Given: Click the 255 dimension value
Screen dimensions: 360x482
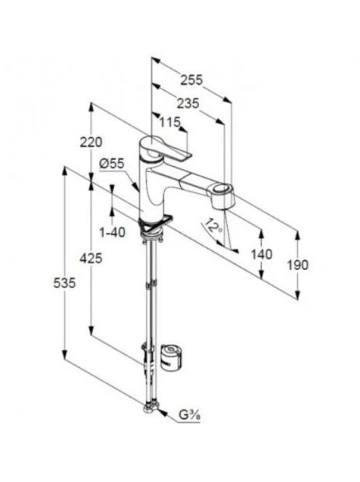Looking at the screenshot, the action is click(x=192, y=80).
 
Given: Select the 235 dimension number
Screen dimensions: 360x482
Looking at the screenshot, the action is click(x=188, y=104).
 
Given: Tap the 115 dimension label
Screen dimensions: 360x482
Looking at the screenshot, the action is click(x=170, y=122).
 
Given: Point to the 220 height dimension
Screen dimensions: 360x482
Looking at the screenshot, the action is click(x=91, y=142).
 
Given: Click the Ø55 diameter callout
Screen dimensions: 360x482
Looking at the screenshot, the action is click(x=112, y=163).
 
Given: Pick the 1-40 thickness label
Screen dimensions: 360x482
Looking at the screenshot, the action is click(x=112, y=232).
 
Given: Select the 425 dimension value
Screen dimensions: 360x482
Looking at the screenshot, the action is click(x=91, y=258).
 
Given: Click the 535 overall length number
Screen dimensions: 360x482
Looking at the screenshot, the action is click(x=65, y=283).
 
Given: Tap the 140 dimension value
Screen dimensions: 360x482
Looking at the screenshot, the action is click(x=261, y=254).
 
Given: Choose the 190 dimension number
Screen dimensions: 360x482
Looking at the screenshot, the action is click(x=298, y=265).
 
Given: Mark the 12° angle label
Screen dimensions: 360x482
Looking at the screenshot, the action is click(x=213, y=226).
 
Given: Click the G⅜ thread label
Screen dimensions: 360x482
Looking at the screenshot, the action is click(x=190, y=415).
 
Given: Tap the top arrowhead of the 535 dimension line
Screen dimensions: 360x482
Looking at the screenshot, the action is click(x=65, y=171).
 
